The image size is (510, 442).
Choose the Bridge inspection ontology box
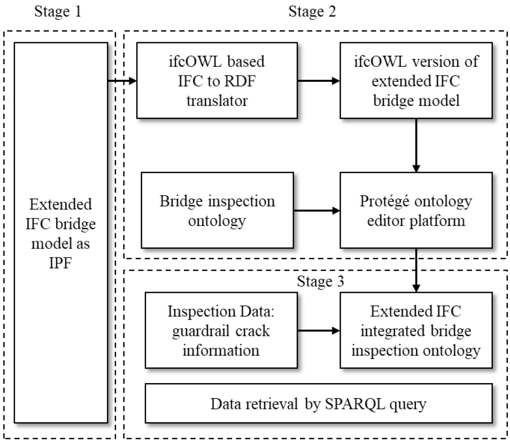coord(218,210)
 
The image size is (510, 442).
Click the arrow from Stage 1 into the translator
coord(122,81)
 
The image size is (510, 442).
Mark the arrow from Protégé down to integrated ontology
coord(415,270)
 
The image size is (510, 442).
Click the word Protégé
coord(373,202)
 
